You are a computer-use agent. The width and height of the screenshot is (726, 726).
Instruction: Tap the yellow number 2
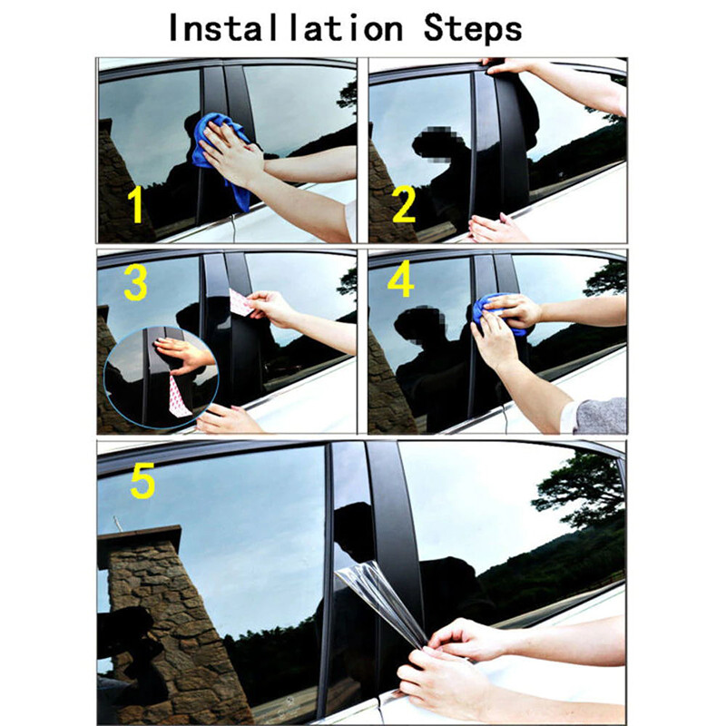point(404,206)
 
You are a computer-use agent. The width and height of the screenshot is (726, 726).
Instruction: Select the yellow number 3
point(136,282)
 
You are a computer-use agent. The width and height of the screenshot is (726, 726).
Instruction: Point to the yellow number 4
point(400,282)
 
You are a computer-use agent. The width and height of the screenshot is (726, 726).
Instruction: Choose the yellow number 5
point(142,482)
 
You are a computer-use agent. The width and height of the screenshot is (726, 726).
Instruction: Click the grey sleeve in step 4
point(601,416)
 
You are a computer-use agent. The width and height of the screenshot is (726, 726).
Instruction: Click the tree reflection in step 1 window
point(347,95)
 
